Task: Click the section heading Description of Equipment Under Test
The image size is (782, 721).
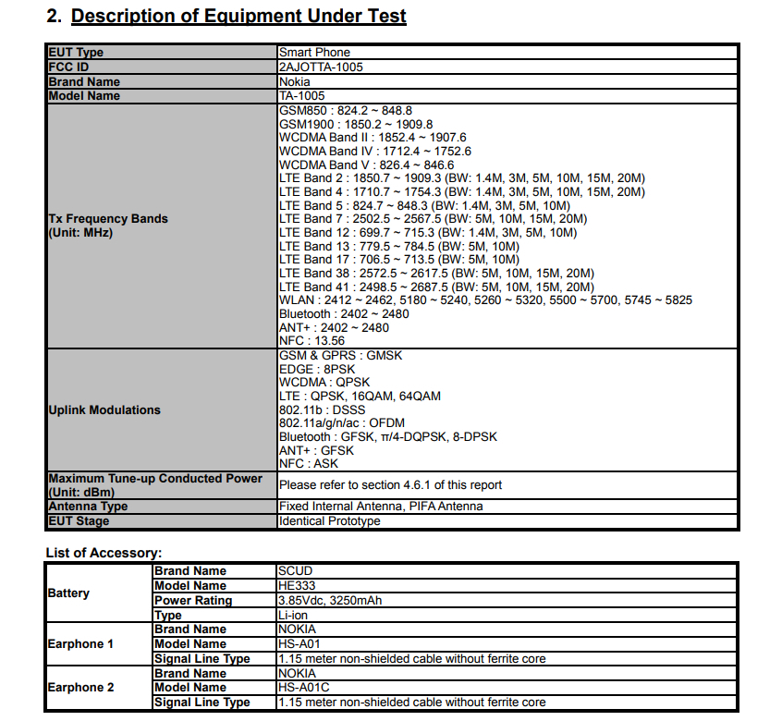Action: pyautogui.click(x=238, y=16)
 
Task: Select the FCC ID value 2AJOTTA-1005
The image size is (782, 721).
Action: pyautogui.click(x=319, y=67)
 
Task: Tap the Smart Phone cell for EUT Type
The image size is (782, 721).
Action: pyautogui.click(x=314, y=53)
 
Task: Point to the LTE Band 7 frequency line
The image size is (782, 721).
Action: pyautogui.click(x=433, y=219)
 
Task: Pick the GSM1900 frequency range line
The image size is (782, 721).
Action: pyautogui.click(x=356, y=124)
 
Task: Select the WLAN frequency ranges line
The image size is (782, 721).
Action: pyautogui.click(x=484, y=300)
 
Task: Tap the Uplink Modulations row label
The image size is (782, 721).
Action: pyautogui.click(x=104, y=409)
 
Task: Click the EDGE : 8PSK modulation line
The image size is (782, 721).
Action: pyautogui.click(x=316, y=369)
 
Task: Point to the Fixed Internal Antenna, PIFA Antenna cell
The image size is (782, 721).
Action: pyautogui.click(x=380, y=507)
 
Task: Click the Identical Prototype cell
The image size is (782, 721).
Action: pyautogui.click(x=328, y=521)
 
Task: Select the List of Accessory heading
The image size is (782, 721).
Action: pyautogui.click(x=104, y=553)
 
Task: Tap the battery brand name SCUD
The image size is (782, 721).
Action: pyautogui.click(x=296, y=571)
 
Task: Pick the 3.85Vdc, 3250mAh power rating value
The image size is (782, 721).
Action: pyautogui.click(x=330, y=601)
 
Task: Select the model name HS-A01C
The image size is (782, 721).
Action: pyautogui.click(x=303, y=688)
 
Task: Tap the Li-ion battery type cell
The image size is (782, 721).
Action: pyautogui.click(x=295, y=615)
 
